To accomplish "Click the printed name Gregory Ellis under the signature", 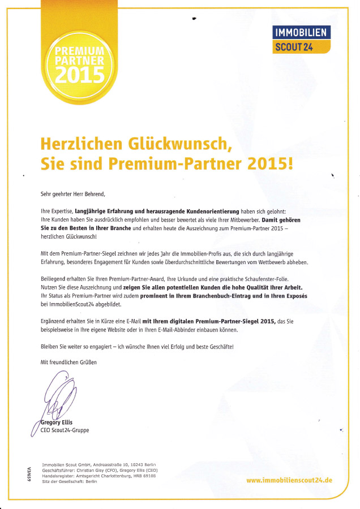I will click(57, 422).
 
